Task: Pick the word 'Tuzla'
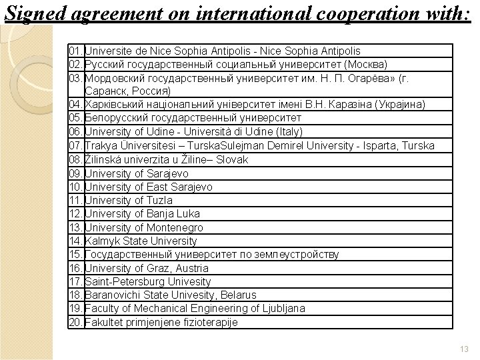tap(159, 200)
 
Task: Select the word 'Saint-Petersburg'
tap(124, 281)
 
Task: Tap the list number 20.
tap(75, 322)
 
